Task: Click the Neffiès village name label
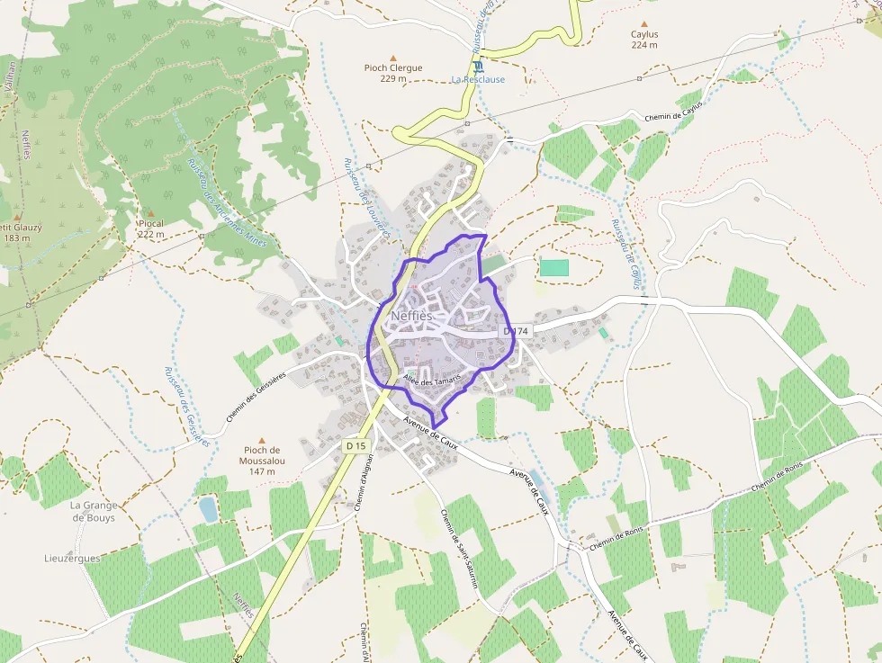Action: [411, 316]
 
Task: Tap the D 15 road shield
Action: [356, 445]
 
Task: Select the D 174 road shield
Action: [517, 332]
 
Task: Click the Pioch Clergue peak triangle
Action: [393, 56]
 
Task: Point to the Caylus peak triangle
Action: [643, 24]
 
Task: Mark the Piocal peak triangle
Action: [150, 212]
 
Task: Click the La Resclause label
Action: [478, 79]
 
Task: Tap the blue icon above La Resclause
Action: [478, 66]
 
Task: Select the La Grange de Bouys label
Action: [94, 511]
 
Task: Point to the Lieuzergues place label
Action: [72, 558]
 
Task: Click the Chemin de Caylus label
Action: [672, 112]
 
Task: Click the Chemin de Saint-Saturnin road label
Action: [459, 553]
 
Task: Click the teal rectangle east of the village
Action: [554, 267]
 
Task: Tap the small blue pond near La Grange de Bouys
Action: [208, 509]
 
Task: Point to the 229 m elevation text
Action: [393, 79]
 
